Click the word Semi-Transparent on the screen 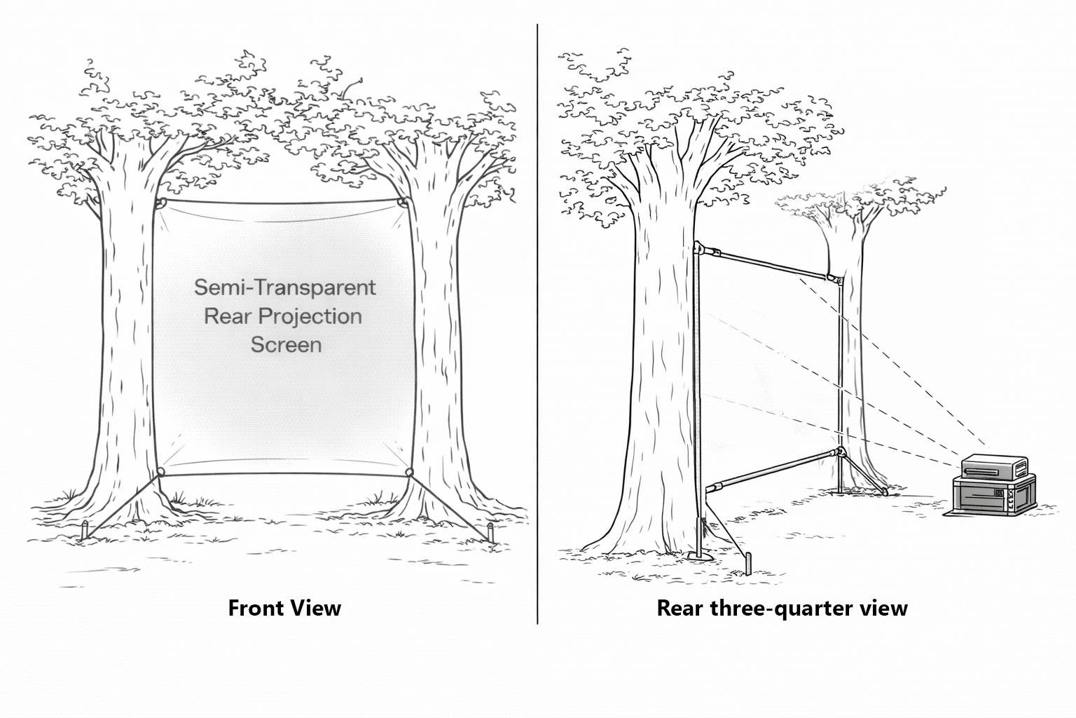pyautogui.click(x=284, y=287)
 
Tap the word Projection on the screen pyautogui.click(x=310, y=316)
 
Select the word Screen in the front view pyautogui.click(x=286, y=345)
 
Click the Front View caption pyautogui.click(x=284, y=607)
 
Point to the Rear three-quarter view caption pyautogui.click(x=782, y=607)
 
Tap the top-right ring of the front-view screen pyautogui.click(x=402, y=203)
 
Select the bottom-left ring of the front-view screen pyautogui.click(x=161, y=472)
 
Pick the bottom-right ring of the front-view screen pyautogui.click(x=410, y=472)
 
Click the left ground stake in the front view pyautogui.click(x=85, y=531)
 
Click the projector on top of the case pyautogui.click(x=995, y=466)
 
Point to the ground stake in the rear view pyautogui.click(x=748, y=564)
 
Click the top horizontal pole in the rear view pyautogui.click(x=771, y=264)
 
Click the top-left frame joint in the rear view pyautogui.click(x=699, y=248)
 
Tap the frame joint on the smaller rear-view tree pyautogui.click(x=836, y=280)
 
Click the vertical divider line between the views pyautogui.click(x=537, y=323)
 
